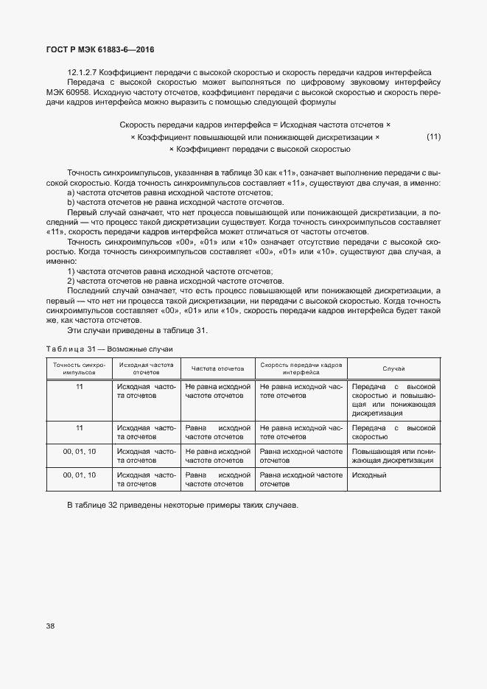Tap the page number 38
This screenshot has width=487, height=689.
coord(50,626)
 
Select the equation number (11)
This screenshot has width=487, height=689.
coord(433,137)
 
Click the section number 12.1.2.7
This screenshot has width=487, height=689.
coord(83,71)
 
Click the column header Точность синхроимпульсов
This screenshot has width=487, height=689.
coord(79,368)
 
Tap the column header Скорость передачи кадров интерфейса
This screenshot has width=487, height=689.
coord(301,368)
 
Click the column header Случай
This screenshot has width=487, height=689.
coord(393,368)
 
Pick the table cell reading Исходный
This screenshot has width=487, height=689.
coord(369,475)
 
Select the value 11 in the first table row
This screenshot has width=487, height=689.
coord(79,386)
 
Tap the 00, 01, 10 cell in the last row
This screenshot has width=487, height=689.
coord(79,475)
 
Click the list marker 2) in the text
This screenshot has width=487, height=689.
coord(71,281)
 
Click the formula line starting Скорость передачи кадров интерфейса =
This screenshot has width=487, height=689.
coord(255,125)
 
